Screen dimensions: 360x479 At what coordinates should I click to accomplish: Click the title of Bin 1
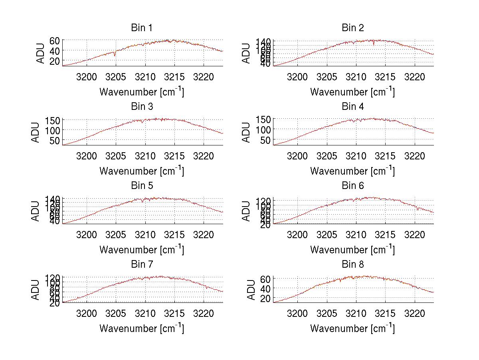point(142,28)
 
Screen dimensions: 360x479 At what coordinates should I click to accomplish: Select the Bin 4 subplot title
point(353,107)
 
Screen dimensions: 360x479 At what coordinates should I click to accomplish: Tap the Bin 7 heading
point(142,265)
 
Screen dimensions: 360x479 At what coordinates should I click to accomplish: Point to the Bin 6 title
point(353,186)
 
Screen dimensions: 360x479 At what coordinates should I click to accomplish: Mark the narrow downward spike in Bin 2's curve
point(374,44)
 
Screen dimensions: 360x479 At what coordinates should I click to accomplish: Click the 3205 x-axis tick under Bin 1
point(116,77)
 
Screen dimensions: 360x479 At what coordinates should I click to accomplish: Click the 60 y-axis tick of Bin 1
point(55,40)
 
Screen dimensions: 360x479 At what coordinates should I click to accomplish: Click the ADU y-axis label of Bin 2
point(247,53)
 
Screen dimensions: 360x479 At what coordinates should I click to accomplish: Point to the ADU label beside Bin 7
point(36,290)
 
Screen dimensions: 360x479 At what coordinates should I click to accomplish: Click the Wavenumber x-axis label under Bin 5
point(142,249)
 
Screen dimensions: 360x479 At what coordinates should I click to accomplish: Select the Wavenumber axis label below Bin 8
point(352,328)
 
